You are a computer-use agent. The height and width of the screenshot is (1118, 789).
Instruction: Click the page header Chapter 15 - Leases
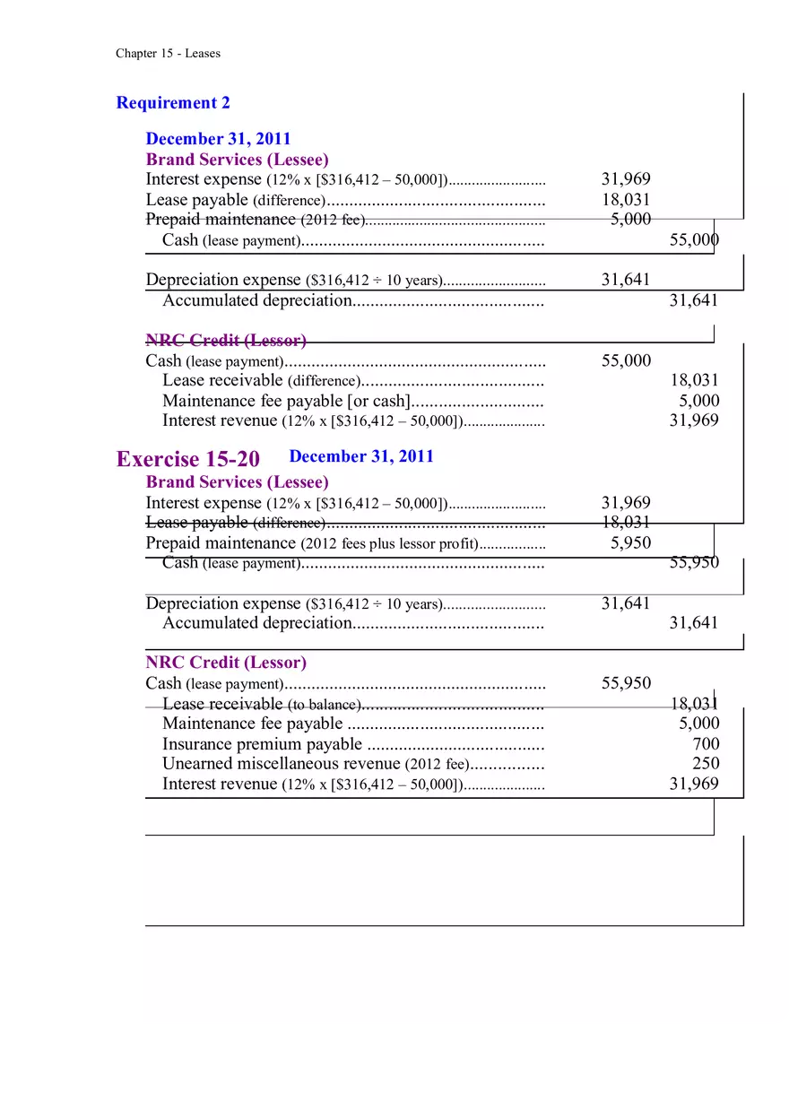168,54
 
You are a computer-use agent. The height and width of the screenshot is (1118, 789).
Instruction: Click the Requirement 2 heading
173,103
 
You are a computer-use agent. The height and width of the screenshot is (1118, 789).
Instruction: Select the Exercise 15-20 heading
188,459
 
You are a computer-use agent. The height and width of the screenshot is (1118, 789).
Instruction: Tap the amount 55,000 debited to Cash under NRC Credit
626,360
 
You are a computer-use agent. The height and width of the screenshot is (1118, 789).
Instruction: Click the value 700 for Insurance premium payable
706,744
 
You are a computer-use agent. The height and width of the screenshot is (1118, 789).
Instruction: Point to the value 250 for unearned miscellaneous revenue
706,764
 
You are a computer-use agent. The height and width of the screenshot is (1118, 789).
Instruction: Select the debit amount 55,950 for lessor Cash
626,684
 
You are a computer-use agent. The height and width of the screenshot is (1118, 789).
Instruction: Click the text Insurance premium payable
262,744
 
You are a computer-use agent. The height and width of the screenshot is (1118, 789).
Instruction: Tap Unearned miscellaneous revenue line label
281,764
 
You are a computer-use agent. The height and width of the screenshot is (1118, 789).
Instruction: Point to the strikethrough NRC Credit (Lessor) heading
226,341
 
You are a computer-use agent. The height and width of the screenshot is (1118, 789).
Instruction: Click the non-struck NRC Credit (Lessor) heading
226,663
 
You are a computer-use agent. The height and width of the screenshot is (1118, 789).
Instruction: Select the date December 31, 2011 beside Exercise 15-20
361,456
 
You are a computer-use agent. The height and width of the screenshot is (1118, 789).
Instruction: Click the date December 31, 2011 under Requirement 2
218,139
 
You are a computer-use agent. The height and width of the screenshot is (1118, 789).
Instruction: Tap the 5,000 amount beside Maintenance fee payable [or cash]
698,401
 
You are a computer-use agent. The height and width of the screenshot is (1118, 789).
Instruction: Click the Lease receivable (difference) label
260,381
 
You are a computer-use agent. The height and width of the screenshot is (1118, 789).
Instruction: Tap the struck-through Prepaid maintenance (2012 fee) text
255,220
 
